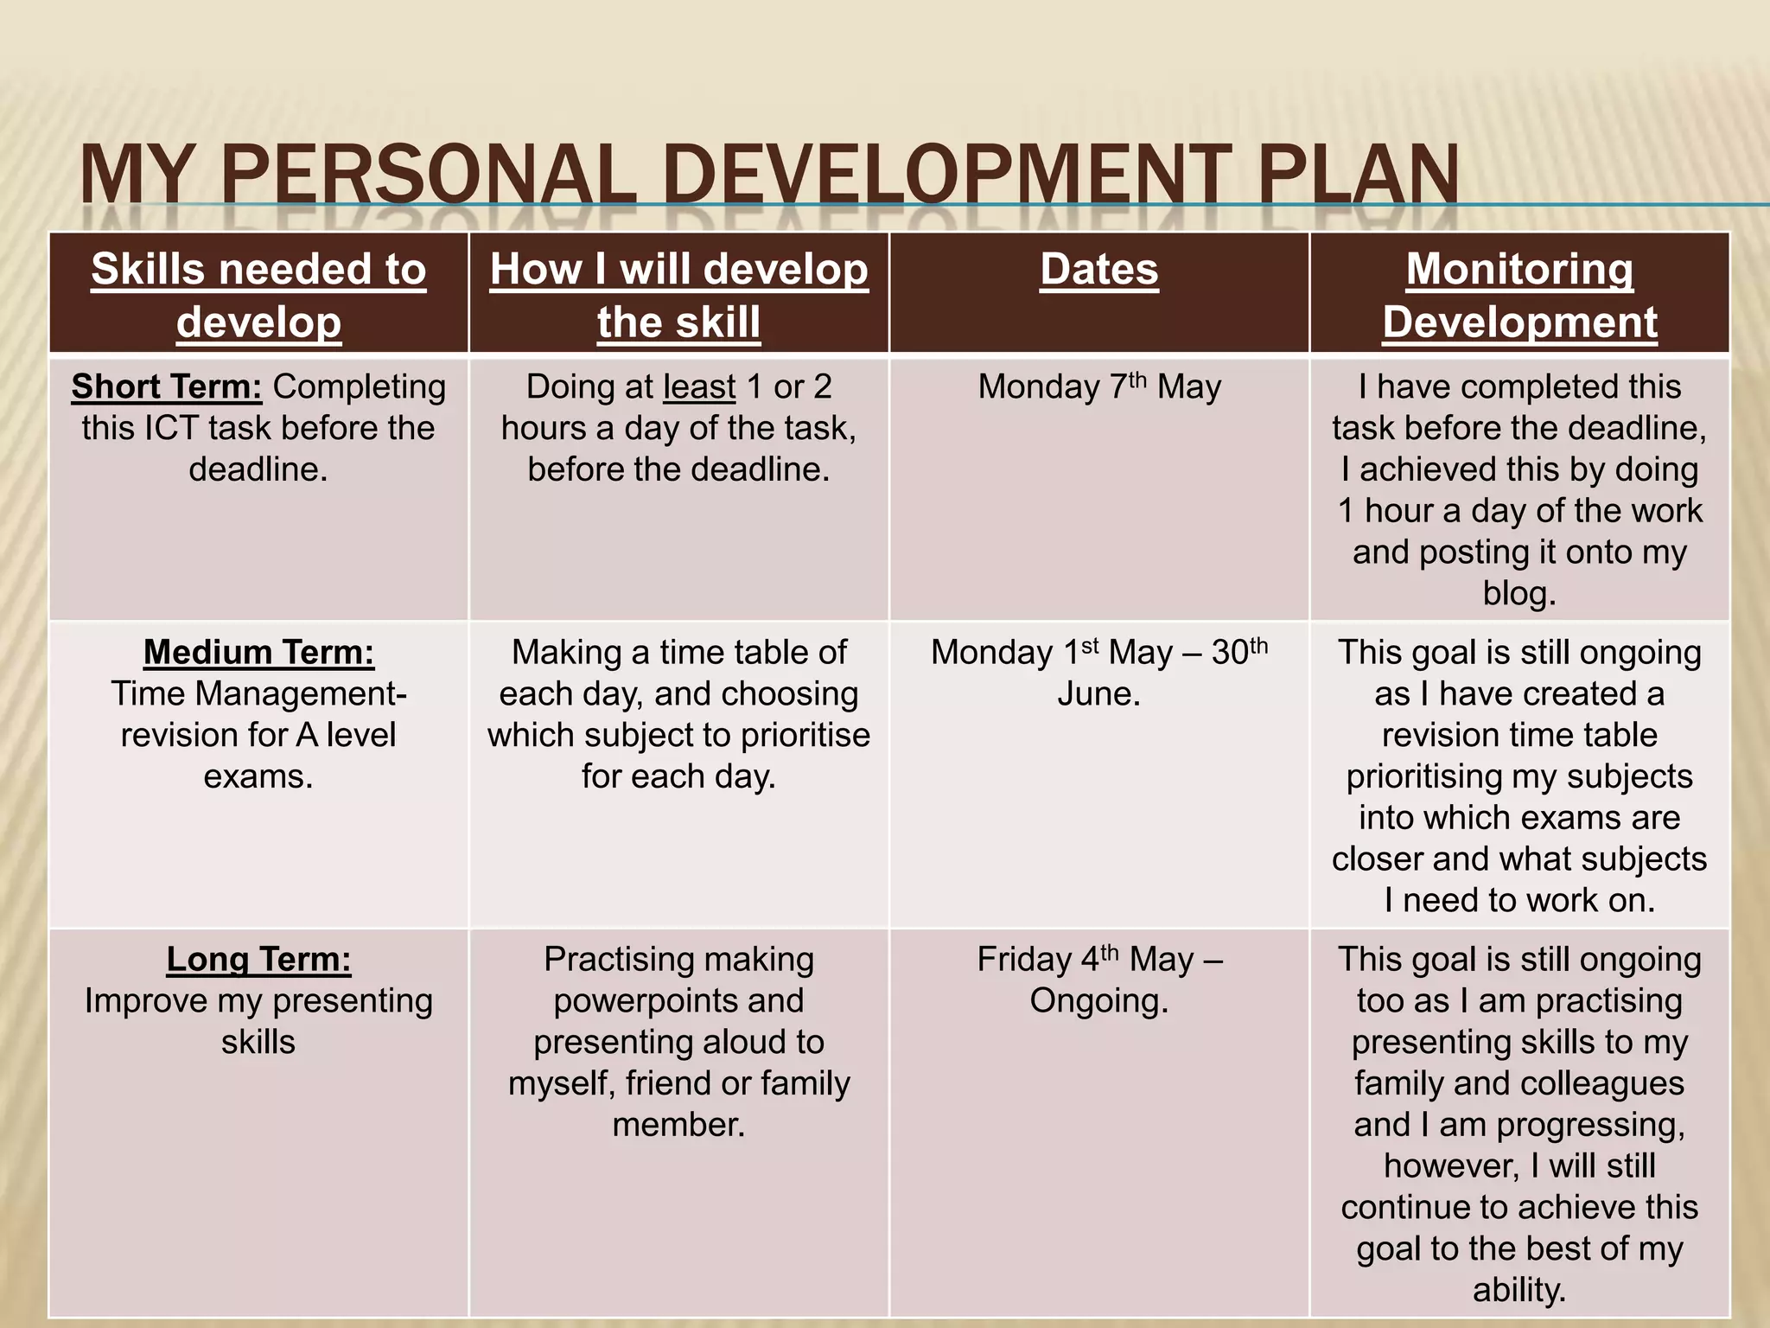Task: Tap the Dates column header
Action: [1098, 269]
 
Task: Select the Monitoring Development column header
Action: [1519, 295]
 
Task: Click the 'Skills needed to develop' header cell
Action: [258, 295]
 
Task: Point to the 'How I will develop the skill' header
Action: [678, 295]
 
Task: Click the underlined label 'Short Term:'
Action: [166, 386]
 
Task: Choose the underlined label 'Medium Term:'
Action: [258, 652]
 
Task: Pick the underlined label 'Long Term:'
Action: [258, 959]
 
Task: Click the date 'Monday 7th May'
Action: [1098, 386]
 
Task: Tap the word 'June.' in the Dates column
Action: [1098, 693]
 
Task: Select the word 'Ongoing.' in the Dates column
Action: [1098, 1000]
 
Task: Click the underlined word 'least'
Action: [699, 386]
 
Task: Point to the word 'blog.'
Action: [1519, 593]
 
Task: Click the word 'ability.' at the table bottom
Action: [1519, 1290]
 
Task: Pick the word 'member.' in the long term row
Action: [678, 1125]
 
